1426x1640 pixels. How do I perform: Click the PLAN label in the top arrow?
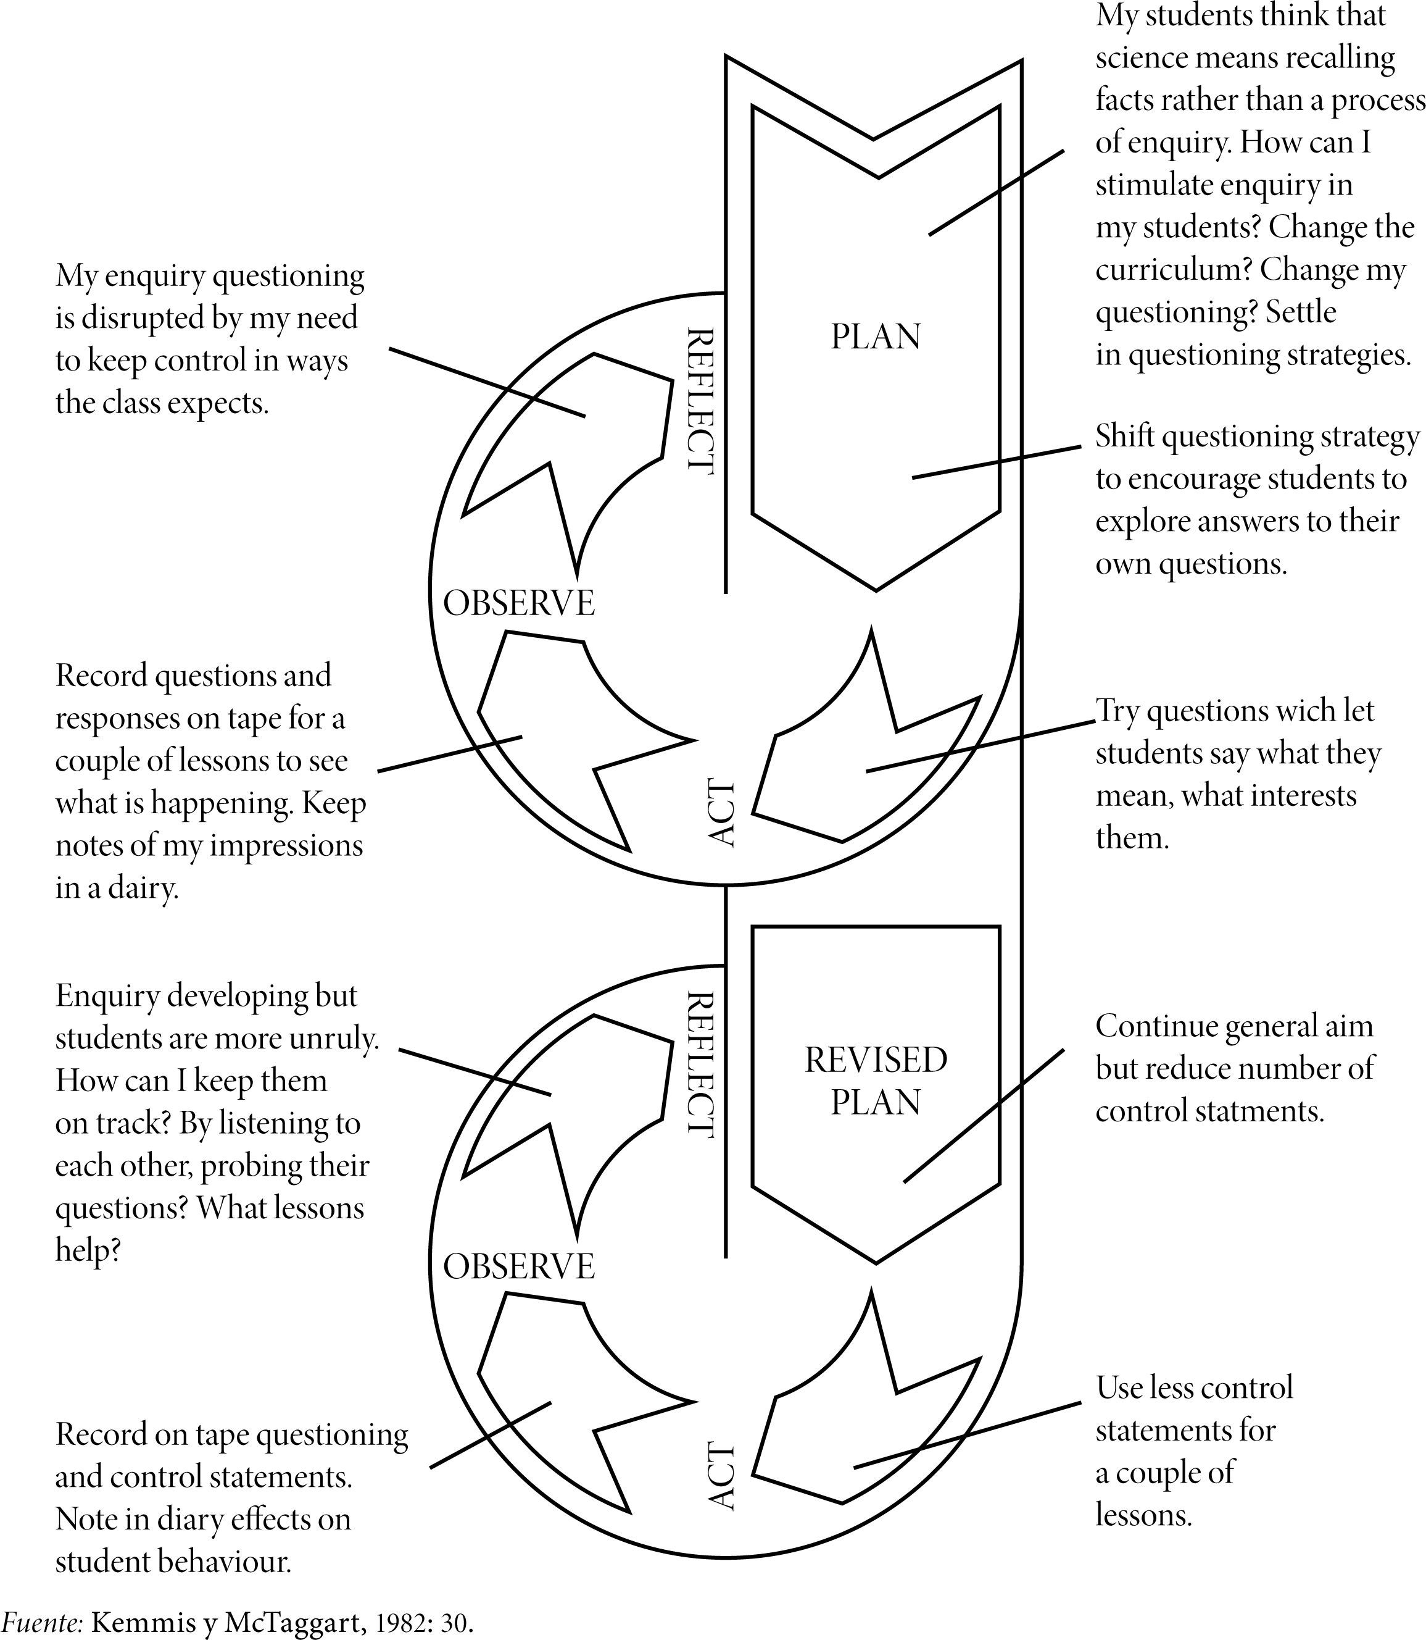click(x=876, y=337)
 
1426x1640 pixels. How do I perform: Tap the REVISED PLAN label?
click(x=876, y=1081)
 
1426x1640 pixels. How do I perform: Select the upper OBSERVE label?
click(x=519, y=603)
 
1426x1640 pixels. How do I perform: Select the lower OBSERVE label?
click(x=519, y=1266)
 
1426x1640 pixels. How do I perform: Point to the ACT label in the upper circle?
click(x=721, y=812)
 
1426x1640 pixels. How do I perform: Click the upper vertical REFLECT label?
click(x=700, y=401)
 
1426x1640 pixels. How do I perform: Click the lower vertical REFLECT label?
click(x=700, y=1065)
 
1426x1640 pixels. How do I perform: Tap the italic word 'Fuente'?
click(x=42, y=1621)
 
